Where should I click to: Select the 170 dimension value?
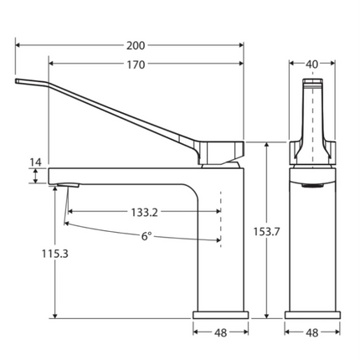(136, 64)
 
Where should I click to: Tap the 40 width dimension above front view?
(312, 64)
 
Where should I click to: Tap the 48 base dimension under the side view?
(221, 332)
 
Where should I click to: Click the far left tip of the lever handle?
(18, 81)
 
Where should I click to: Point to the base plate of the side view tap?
(221, 315)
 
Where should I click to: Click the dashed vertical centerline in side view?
(221, 218)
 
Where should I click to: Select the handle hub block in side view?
(223, 152)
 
